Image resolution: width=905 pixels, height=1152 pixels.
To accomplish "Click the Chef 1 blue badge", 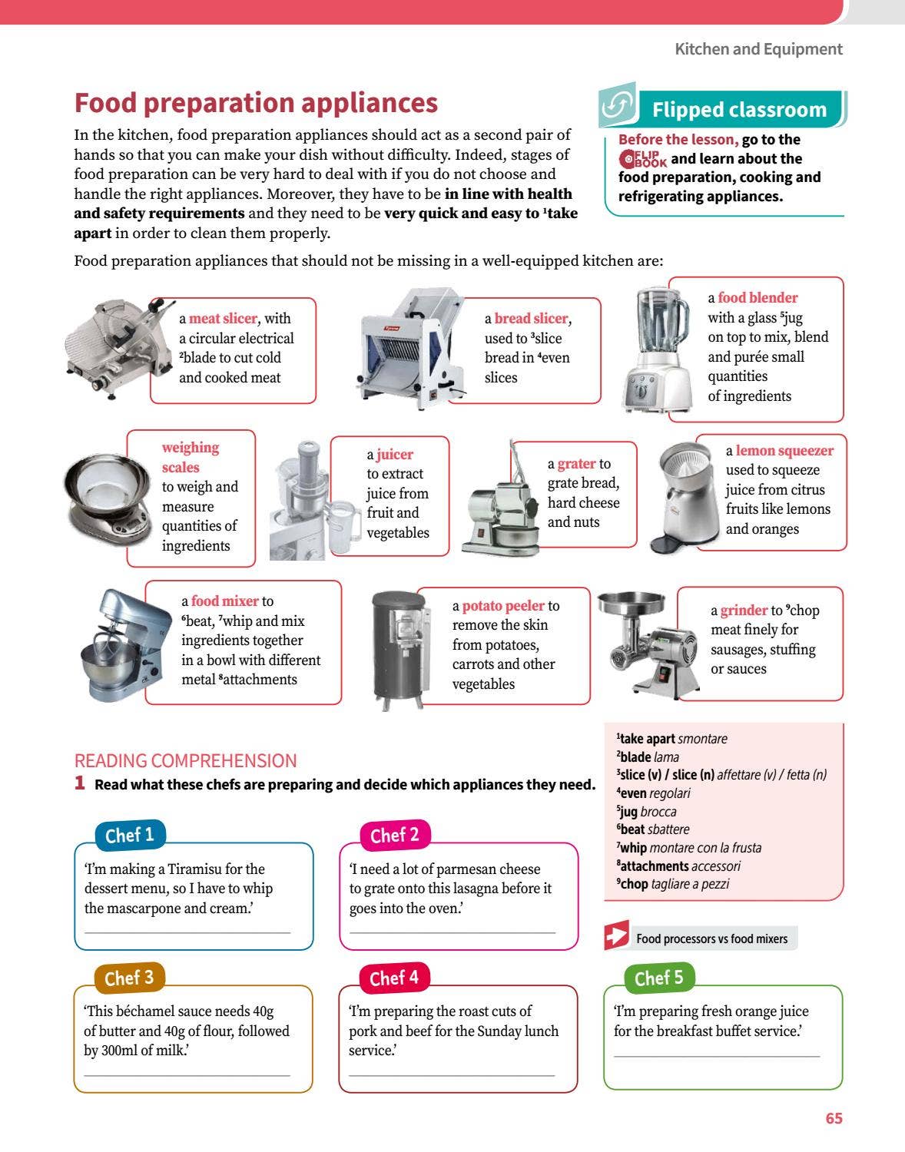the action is (130, 835).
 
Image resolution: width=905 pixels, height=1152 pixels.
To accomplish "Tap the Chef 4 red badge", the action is (394, 978).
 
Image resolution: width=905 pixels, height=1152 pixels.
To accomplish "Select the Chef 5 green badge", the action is (659, 978).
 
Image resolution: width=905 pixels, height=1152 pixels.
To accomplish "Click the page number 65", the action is (834, 1118).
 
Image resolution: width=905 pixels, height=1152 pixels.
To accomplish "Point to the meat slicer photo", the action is (119, 347).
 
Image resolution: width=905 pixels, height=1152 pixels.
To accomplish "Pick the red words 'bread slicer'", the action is (531, 318).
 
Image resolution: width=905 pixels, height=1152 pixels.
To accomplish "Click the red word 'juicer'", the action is (394, 455).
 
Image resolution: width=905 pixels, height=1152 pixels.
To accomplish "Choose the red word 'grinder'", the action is (744, 611).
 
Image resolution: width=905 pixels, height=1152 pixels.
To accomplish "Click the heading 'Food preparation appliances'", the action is (256, 102).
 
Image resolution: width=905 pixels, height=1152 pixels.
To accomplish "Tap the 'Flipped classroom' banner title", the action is (739, 110).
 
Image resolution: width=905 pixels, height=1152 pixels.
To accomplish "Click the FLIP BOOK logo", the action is (642, 158).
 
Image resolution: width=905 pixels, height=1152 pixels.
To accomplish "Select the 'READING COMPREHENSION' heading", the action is (186, 760).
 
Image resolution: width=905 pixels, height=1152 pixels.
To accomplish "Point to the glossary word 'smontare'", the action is (702, 739).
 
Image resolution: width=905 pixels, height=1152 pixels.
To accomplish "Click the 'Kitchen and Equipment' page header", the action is (758, 49).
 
